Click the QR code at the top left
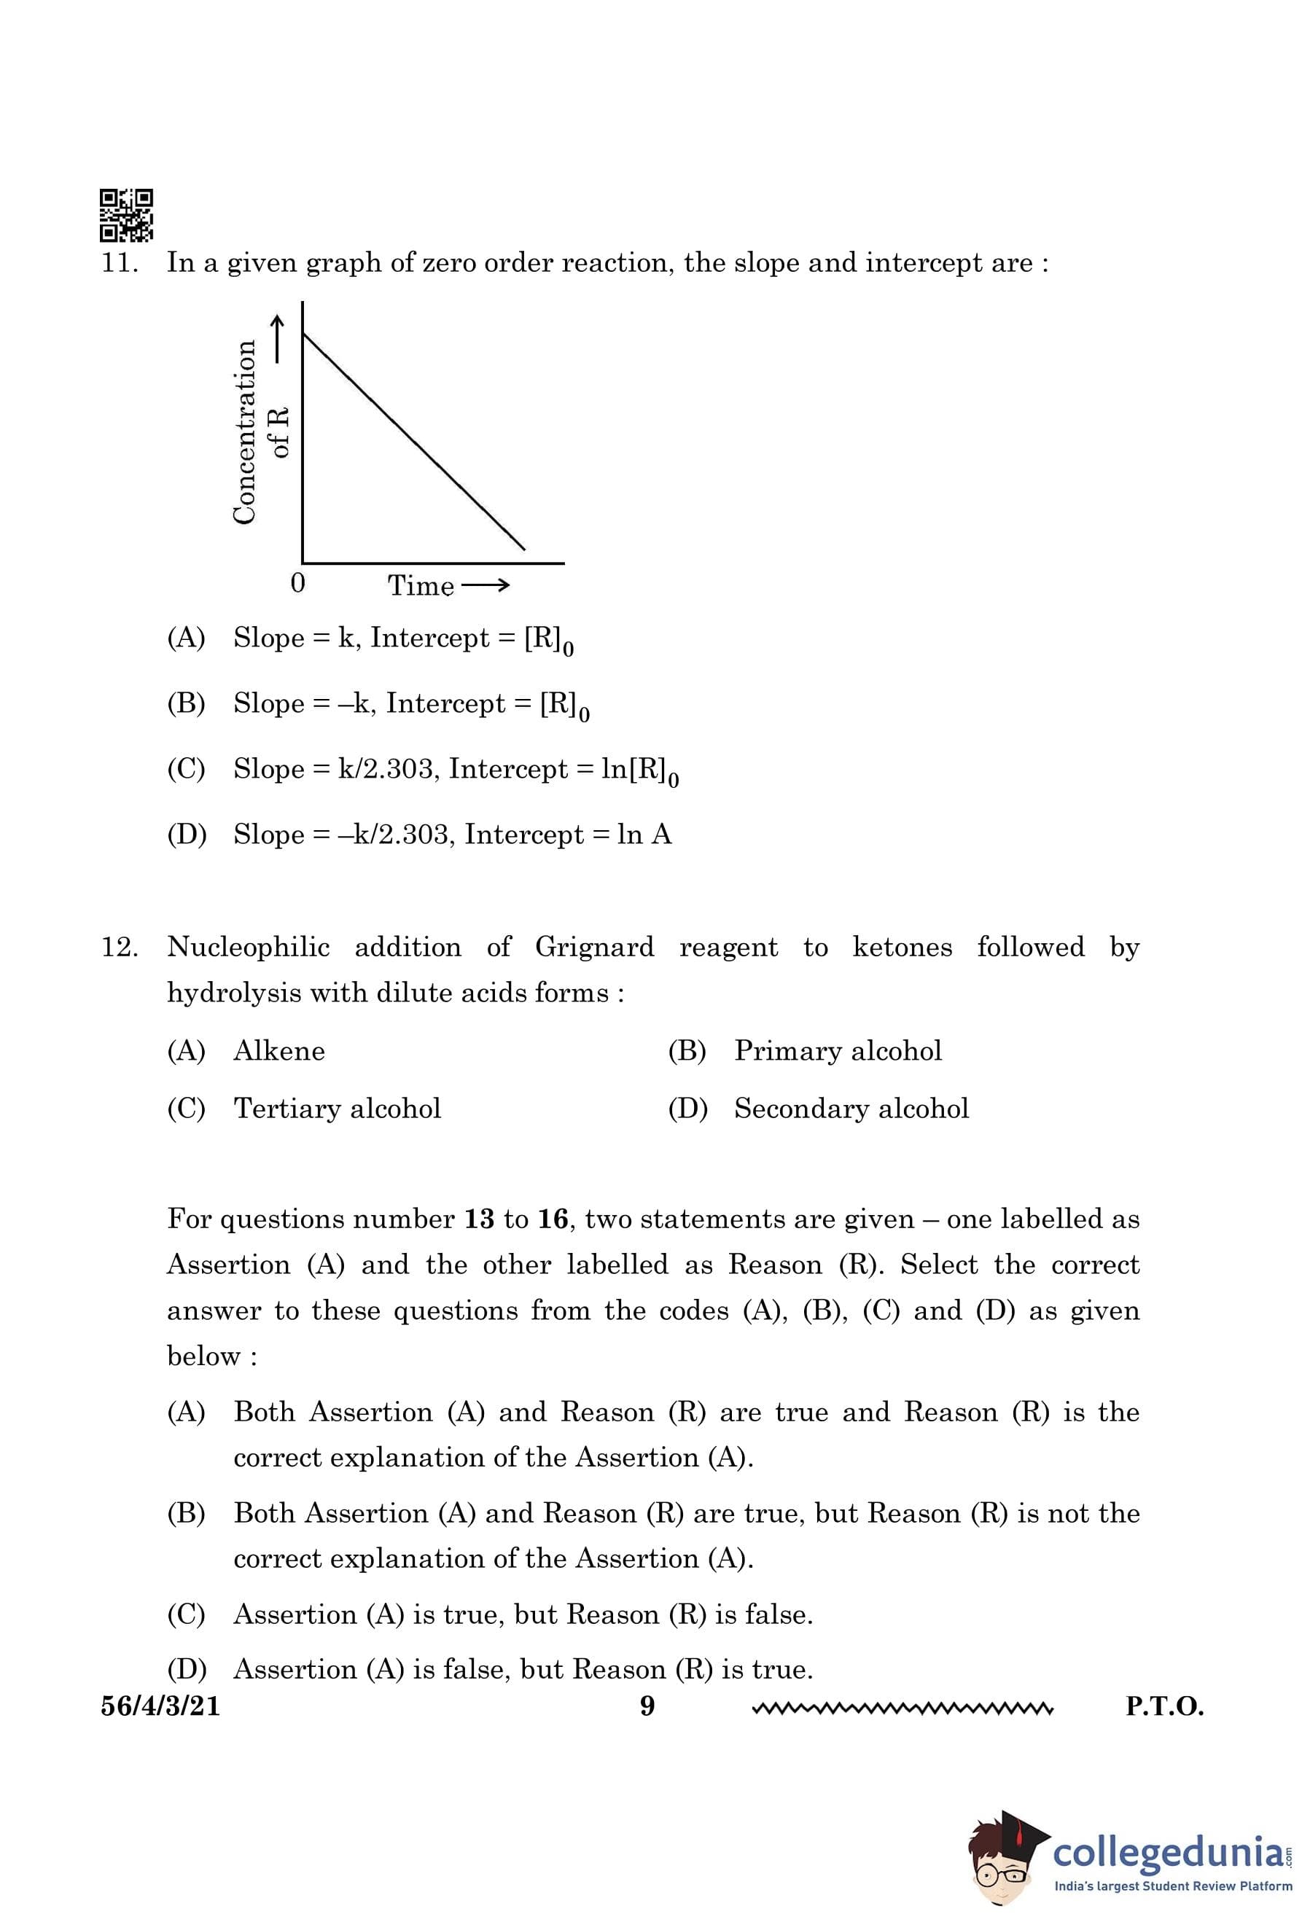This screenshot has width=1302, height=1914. pyautogui.click(x=126, y=215)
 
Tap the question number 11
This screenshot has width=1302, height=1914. pyautogui.click(x=119, y=264)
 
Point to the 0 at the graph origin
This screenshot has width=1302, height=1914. pyautogui.click(x=298, y=583)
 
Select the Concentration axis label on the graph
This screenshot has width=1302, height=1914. pyautogui.click(x=245, y=431)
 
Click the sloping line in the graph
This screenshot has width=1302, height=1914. pyautogui.click(x=414, y=442)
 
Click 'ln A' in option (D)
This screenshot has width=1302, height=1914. pyautogui.click(x=644, y=835)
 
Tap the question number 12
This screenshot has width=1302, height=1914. pyautogui.click(x=119, y=947)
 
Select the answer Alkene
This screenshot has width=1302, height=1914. pyautogui.click(x=279, y=1051)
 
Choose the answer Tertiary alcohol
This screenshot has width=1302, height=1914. pyautogui.click(x=337, y=1109)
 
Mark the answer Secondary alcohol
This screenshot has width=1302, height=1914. pyautogui.click(x=851, y=1109)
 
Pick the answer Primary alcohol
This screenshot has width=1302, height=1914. pyautogui.click(x=838, y=1051)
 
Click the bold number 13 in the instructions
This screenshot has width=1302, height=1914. pyautogui.click(x=478, y=1219)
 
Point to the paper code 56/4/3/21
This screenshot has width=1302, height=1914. pyautogui.click(x=160, y=1706)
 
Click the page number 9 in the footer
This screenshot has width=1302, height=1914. pyautogui.click(x=647, y=1706)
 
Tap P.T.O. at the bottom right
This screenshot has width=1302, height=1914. pyautogui.click(x=1164, y=1706)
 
